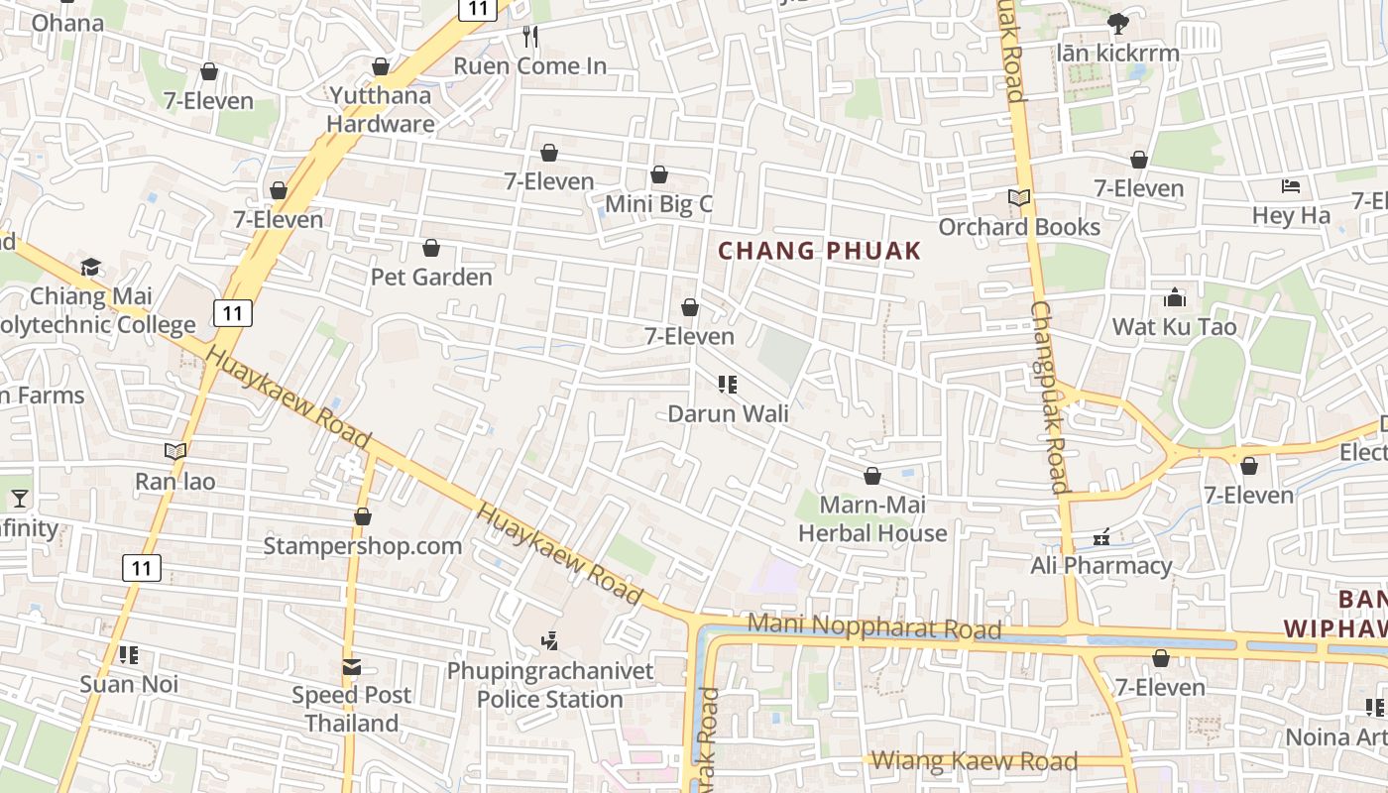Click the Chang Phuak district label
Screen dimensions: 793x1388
click(x=819, y=251)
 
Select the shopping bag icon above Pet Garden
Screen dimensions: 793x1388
click(x=431, y=248)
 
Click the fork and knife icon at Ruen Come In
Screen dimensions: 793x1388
click(x=530, y=37)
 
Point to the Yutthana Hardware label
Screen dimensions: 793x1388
click(x=381, y=109)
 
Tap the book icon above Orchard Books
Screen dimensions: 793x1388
click(x=1019, y=198)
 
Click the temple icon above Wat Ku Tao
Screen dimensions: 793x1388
click(x=1175, y=298)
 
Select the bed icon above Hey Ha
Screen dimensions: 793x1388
click(x=1291, y=186)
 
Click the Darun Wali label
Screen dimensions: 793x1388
click(x=729, y=413)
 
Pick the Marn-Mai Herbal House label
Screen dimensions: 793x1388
click(x=872, y=518)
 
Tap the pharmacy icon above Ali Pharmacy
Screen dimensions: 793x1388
click(x=1100, y=538)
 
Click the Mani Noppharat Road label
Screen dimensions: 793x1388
click(x=873, y=626)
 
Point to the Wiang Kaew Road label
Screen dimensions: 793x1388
click(x=975, y=761)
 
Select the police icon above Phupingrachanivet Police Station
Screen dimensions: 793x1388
click(x=550, y=641)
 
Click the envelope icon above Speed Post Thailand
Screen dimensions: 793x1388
click(x=352, y=667)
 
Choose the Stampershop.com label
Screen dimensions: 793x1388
click(x=362, y=546)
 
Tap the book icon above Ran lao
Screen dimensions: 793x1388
click(x=175, y=452)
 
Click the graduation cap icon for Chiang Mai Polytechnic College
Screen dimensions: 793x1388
click(x=91, y=267)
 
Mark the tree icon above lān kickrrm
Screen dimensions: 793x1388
click(x=1118, y=23)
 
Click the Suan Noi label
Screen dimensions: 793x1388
click(x=129, y=684)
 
